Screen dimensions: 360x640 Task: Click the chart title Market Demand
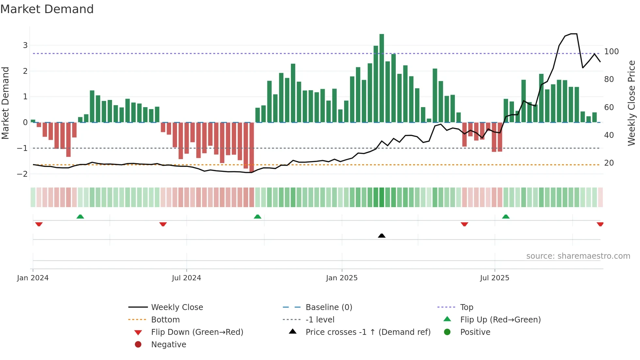click(x=47, y=9)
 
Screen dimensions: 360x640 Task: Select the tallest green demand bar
click(x=381, y=78)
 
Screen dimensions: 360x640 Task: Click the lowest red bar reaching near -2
click(x=251, y=147)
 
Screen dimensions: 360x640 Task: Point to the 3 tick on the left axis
click(x=25, y=45)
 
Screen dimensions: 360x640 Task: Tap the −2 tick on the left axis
click(x=23, y=174)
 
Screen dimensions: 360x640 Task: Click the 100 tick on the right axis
click(x=611, y=52)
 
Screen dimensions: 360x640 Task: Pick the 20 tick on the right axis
click(x=609, y=163)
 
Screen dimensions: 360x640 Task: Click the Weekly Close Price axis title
click(x=632, y=103)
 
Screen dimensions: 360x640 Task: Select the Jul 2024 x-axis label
click(x=186, y=278)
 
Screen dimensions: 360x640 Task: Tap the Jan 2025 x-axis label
click(x=342, y=278)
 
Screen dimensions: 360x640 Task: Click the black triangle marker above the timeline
click(x=381, y=236)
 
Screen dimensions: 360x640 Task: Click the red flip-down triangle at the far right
click(x=600, y=224)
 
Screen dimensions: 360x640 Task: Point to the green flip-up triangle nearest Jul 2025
click(x=505, y=217)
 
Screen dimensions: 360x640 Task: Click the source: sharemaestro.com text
click(x=578, y=256)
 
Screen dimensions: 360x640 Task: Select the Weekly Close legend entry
click(x=177, y=307)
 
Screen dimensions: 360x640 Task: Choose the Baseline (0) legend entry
click(x=328, y=307)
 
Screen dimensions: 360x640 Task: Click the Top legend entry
click(x=466, y=307)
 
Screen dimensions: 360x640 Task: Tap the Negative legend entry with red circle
click(x=168, y=345)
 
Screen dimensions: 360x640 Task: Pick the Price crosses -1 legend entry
click(x=368, y=332)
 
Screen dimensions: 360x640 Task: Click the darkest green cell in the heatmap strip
click(x=381, y=197)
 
